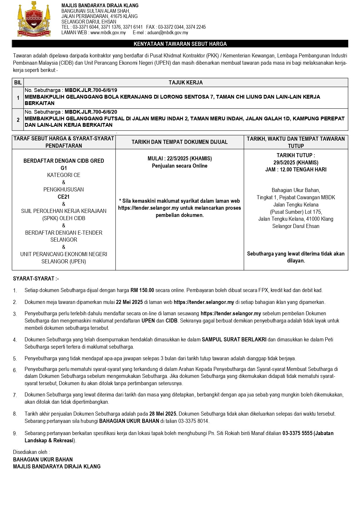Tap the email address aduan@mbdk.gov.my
pos(167,33)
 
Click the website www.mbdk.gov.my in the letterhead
pos(108,33)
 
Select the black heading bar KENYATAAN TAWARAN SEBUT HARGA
pos(180,44)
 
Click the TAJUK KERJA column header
pos(186,83)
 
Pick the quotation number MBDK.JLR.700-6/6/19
pos(91,90)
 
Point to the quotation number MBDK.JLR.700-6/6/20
pos(91,112)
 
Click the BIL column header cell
pos(18,83)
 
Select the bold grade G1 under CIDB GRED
pos(64,168)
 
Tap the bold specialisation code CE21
pos(64,197)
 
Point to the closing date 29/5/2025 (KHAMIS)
pos(296,162)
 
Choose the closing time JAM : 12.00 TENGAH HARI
pos(296,170)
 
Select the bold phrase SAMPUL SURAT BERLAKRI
pos(234,339)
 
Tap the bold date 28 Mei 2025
pos(163,414)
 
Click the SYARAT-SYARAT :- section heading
pos(36,279)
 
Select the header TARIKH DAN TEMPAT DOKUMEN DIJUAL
pos(180,142)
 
